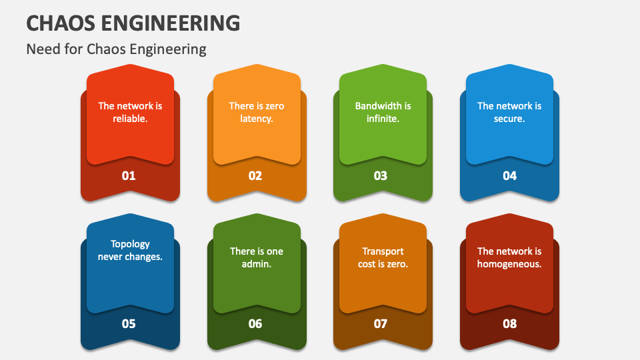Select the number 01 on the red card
click(129, 176)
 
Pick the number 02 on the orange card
click(255, 176)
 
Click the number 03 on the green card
click(381, 176)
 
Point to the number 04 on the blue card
click(509, 176)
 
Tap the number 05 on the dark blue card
click(129, 324)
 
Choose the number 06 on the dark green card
click(255, 324)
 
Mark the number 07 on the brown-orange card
click(381, 324)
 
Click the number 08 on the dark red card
click(509, 324)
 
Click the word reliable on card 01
click(129, 119)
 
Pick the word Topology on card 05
click(130, 244)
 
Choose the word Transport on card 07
click(383, 251)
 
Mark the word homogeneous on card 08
click(509, 264)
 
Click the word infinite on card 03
click(382, 119)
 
